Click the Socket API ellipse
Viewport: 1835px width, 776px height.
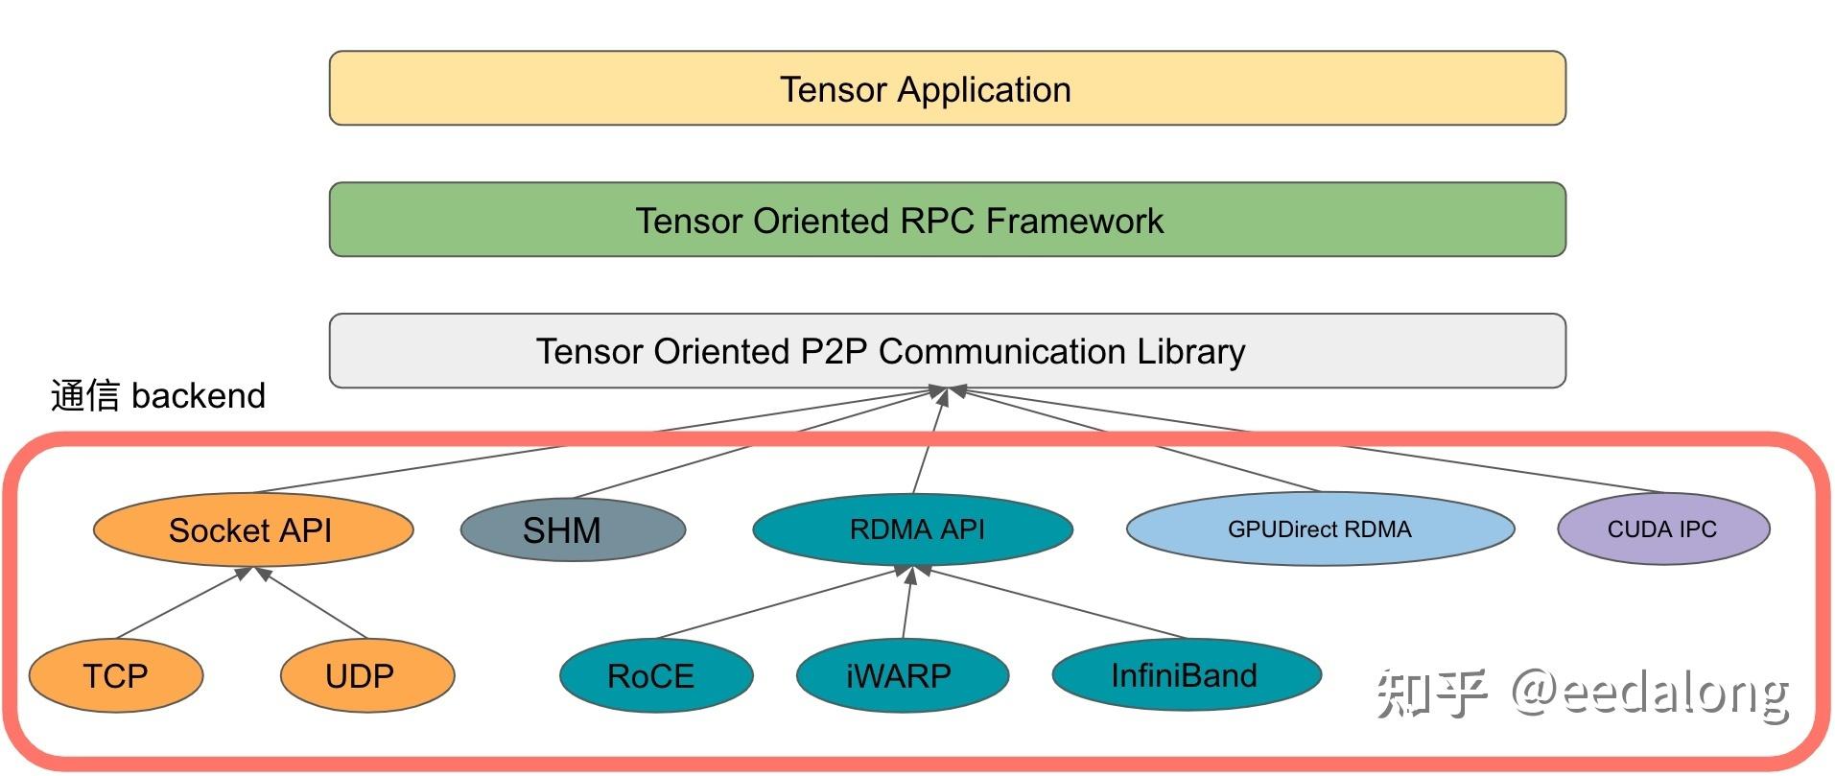click(x=253, y=529)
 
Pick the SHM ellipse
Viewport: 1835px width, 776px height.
click(x=573, y=529)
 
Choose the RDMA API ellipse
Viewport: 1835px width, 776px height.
click(x=912, y=529)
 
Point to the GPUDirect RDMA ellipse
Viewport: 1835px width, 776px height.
click(x=1319, y=529)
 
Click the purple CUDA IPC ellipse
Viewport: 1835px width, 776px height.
click(x=1662, y=529)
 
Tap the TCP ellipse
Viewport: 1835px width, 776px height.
click(x=116, y=675)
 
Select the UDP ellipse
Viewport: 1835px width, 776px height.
click(x=366, y=675)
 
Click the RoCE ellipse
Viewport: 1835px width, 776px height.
click(x=656, y=675)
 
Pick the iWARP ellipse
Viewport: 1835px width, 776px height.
click(x=902, y=675)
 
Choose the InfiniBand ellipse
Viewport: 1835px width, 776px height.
click(x=1186, y=674)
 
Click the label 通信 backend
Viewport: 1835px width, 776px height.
click(x=158, y=395)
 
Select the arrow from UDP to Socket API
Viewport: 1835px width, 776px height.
click(x=312, y=603)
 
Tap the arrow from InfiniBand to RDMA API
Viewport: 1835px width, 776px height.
click(x=1055, y=603)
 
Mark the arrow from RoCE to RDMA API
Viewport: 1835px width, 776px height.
click(x=782, y=603)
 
